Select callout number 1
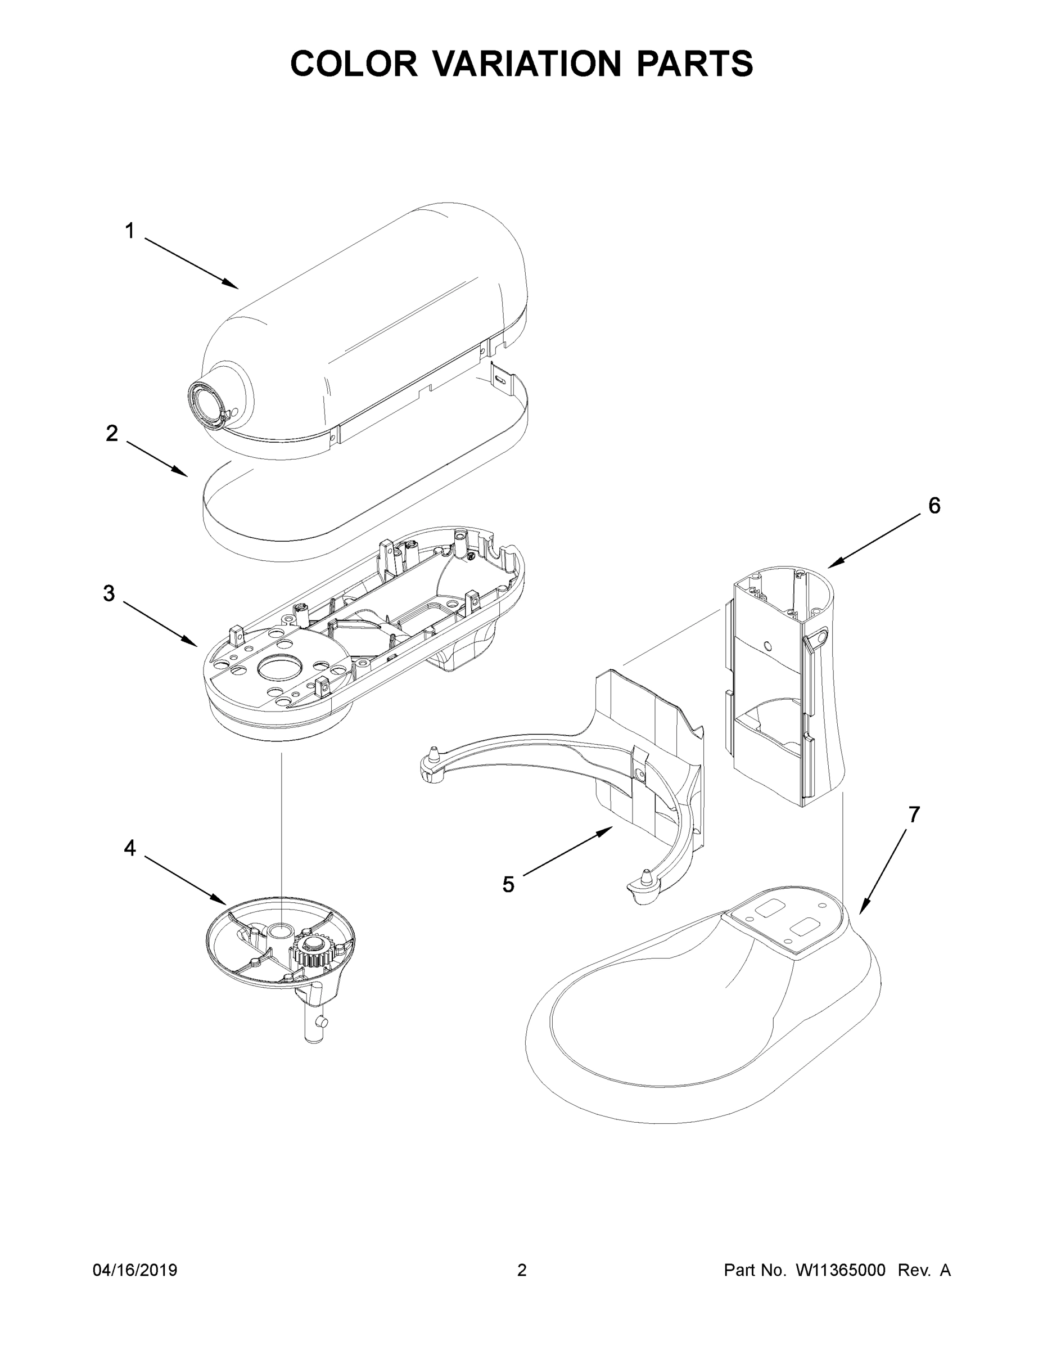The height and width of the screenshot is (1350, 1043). (x=129, y=231)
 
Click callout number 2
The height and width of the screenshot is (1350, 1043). (x=111, y=433)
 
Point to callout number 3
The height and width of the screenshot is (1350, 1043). (x=109, y=593)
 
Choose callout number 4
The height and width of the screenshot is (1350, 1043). (x=129, y=848)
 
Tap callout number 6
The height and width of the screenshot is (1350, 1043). (x=933, y=506)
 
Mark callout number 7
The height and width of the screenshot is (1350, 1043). (x=913, y=814)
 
